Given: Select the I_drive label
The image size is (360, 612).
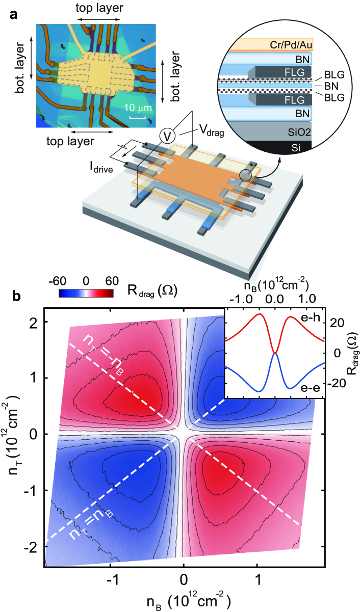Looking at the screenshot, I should tap(109, 166).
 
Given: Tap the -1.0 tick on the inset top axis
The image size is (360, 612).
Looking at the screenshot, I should tap(240, 298).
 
